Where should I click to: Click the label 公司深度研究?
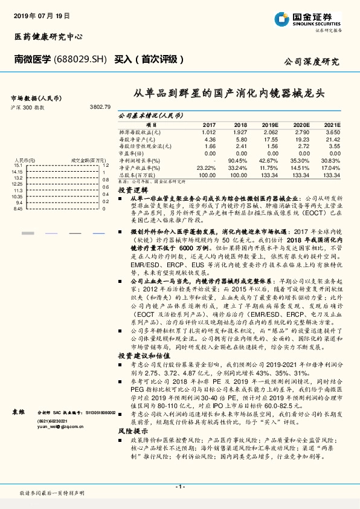click(x=311, y=62)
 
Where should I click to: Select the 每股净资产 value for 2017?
click(x=209, y=139)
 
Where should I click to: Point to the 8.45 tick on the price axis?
click(x=18, y=209)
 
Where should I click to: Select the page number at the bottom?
click(x=179, y=487)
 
